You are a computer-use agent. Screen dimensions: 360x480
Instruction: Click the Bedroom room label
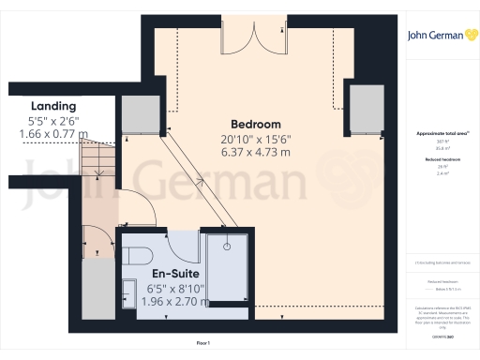pyautogui.click(x=256, y=125)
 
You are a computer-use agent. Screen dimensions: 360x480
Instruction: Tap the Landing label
pyautogui.click(x=52, y=106)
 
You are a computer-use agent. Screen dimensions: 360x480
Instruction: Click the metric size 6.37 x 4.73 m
pyautogui.click(x=255, y=152)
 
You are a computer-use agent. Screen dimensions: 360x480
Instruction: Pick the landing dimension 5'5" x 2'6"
pyautogui.click(x=52, y=121)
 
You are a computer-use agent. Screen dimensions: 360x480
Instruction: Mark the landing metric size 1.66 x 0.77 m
pyautogui.click(x=52, y=135)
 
